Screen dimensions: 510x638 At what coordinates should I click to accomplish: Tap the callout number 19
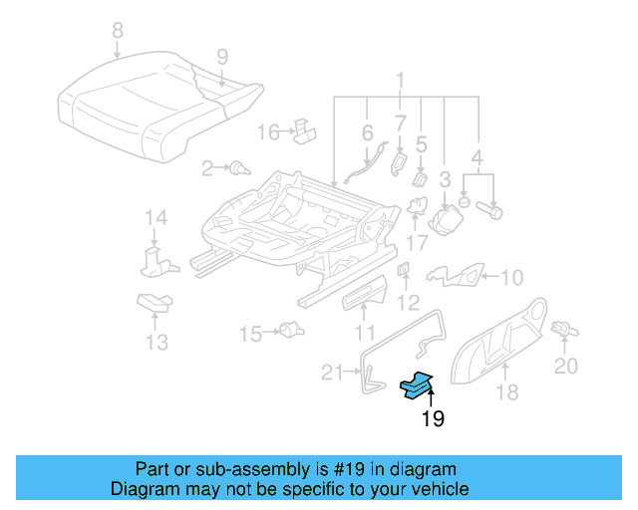click(x=432, y=419)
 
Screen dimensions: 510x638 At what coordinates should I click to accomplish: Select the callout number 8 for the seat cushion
click(x=118, y=31)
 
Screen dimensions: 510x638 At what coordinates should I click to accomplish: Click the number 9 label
click(x=221, y=57)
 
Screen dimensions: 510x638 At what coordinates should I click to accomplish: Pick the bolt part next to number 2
click(x=238, y=168)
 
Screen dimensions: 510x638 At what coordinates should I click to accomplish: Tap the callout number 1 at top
click(x=400, y=81)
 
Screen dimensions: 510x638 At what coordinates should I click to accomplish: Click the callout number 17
click(x=417, y=241)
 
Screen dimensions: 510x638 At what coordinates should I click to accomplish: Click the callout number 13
click(x=155, y=343)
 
